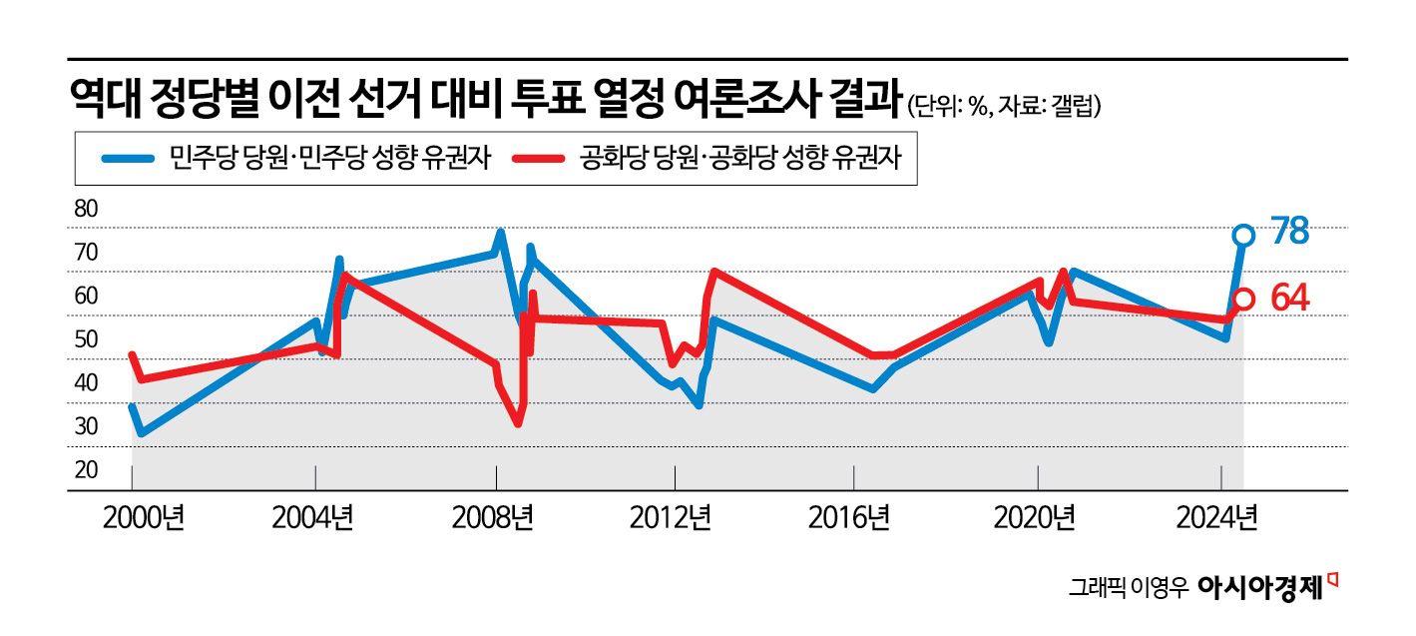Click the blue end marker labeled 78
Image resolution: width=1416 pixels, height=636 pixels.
tap(1242, 236)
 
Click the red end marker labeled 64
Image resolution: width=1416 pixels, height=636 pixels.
tap(1242, 299)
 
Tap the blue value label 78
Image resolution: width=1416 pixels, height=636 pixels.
tap(1289, 232)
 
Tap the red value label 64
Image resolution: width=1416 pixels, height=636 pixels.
tap(1289, 298)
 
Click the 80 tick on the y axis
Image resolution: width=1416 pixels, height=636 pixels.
tap(87, 210)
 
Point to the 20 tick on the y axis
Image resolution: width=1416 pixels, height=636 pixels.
tap(87, 469)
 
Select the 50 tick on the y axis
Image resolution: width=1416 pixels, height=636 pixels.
tap(87, 339)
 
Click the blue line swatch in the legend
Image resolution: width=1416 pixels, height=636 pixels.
tap(127, 159)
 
